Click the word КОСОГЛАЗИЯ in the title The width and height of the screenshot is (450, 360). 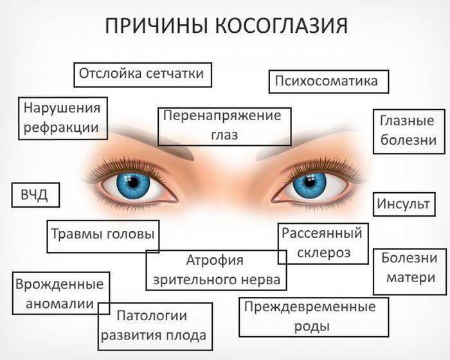pyautogui.click(x=282, y=25)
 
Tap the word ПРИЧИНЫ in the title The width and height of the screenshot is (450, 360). pyautogui.click(x=156, y=25)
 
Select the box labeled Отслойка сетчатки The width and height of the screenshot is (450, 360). pyautogui.click(x=143, y=75)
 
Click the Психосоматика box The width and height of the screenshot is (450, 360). pyautogui.click(x=328, y=81)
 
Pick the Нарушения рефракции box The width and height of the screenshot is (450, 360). pyautogui.click(x=63, y=118)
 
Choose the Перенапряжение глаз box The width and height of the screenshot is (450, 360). pyautogui.click(x=224, y=127)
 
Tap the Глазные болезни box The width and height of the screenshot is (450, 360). pyautogui.click(x=409, y=131)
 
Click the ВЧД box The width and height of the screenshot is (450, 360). pyautogui.click(x=35, y=195)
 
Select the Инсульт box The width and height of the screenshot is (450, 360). pyautogui.click(x=404, y=204)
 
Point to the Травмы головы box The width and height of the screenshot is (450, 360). pyautogui.click(x=103, y=237)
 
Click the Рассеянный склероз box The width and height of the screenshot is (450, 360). pyautogui.click(x=323, y=244)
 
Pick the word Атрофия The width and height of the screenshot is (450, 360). pyautogui.click(x=215, y=260)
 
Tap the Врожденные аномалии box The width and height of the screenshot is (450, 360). pyautogui.click(x=61, y=293)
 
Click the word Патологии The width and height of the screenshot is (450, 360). pyautogui.click(x=152, y=316)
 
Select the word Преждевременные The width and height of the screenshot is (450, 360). pyautogui.click(x=310, y=307)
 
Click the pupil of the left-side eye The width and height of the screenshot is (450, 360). pyautogui.click(x=133, y=183)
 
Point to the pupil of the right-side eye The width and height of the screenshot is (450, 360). pyautogui.click(x=309, y=182)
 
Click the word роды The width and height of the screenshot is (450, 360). pyautogui.click(x=312, y=327)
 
